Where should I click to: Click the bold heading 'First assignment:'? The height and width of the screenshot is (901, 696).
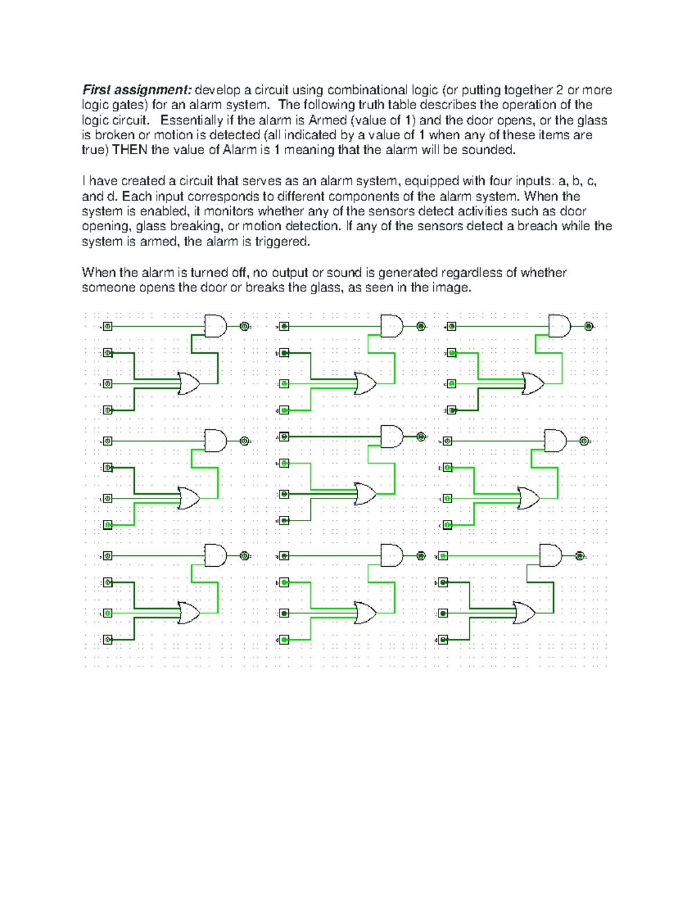click(136, 90)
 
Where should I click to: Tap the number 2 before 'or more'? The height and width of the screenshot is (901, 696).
click(559, 90)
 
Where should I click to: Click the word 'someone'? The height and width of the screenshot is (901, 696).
click(108, 288)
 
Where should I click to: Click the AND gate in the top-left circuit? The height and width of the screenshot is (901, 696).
click(215, 326)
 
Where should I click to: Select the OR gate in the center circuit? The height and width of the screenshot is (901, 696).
click(365, 494)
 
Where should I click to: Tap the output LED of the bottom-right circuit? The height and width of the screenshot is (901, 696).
click(579, 556)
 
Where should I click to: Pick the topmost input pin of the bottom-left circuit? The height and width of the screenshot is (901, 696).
click(108, 556)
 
